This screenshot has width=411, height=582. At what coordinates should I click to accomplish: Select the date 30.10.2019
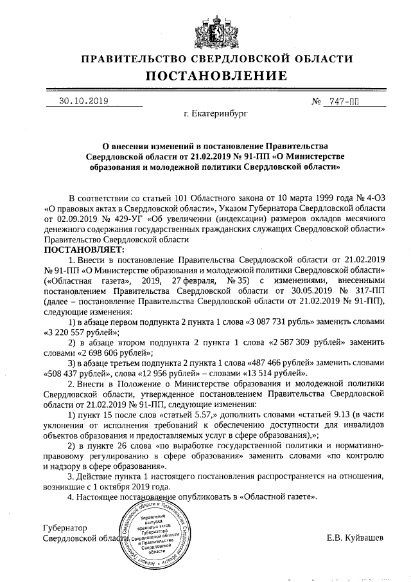coord(83,101)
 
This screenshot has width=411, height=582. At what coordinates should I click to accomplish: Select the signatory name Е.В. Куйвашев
coord(355,537)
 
